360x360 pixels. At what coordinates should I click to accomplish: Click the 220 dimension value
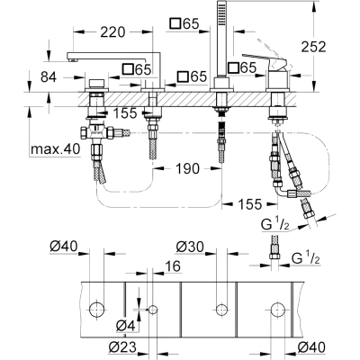tap(112, 31)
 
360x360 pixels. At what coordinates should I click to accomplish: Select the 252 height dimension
tap(313, 47)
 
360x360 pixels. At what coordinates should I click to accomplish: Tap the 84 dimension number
tap(49, 77)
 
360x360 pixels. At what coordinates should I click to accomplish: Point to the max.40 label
tap(56, 148)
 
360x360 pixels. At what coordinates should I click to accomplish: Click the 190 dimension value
tap(187, 168)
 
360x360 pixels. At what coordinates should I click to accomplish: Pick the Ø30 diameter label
tap(190, 247)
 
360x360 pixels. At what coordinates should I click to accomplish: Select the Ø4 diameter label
tap(125, 326)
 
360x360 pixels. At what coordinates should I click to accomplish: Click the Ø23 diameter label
tap(122, 347)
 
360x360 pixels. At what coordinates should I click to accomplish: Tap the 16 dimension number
tap(172, 265)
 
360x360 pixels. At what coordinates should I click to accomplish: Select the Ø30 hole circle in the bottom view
tap(221, 309)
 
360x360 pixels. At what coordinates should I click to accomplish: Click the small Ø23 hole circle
tap(153, 309)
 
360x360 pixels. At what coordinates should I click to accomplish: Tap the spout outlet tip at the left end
tap(71, 60)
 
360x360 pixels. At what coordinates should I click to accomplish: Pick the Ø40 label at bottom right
tap(311, 347)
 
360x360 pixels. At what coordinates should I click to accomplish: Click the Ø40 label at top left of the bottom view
tap(64, 247)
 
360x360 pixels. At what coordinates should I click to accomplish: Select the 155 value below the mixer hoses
tap(250, 204)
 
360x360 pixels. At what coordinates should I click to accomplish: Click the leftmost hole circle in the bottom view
tap(97, 309)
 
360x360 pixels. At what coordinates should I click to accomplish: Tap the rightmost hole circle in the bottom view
tap(277, 309)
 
